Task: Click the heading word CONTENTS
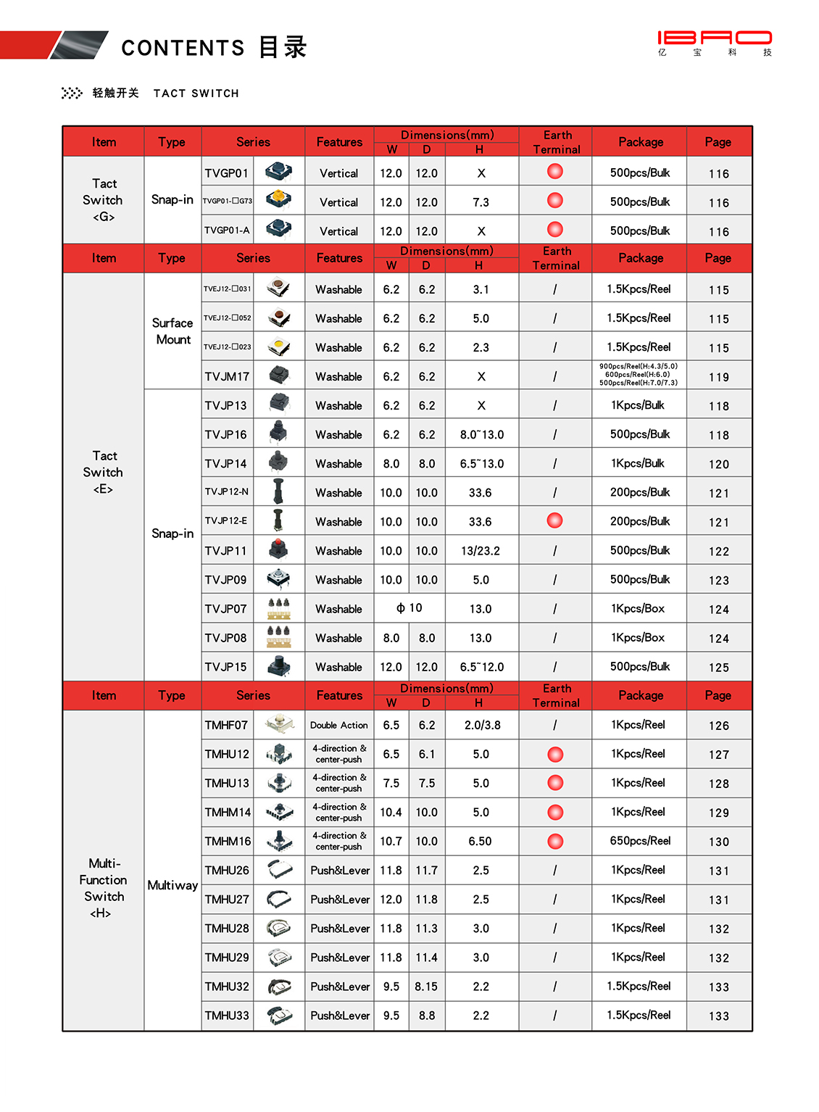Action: coord(183,48)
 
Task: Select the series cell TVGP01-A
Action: coord(227,231)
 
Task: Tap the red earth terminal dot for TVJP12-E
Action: coord(555,520)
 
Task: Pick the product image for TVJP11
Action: coord(279,550)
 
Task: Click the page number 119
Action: coord(718,377)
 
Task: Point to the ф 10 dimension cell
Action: coord(409,608)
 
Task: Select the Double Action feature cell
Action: coord(339,725)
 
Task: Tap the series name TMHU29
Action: coord(227,958)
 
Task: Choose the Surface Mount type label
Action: coord(172,331)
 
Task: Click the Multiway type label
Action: coord(172,885)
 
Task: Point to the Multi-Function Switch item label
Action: coord(104,888)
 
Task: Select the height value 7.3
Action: coord(481,202)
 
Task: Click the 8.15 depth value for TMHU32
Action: coord(426,987)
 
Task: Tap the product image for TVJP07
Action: coord(279,608)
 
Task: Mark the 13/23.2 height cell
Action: coord(481,551)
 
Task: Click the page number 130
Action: coord(718,842)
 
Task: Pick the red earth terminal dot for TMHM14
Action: coord(555,812)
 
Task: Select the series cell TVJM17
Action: coord(227,377)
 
